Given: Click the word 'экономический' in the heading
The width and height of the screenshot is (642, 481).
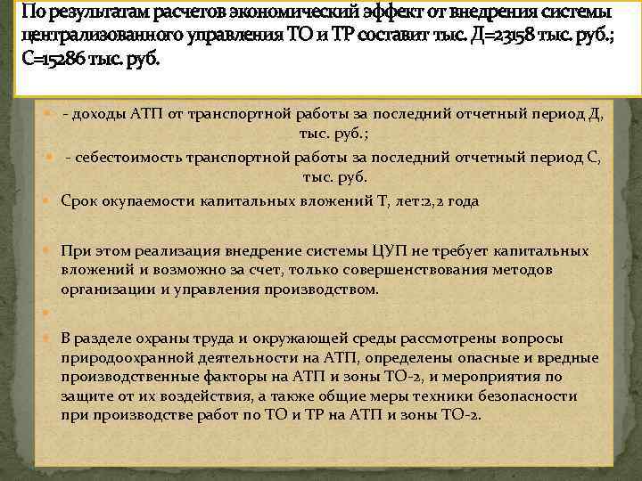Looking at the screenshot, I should click(275, 13).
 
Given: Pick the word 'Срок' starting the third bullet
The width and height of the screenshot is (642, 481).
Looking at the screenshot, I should click(78, 201).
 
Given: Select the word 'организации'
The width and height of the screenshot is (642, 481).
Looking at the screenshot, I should click(103, 289).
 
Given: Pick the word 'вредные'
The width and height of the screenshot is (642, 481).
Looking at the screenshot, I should click(565, 357).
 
